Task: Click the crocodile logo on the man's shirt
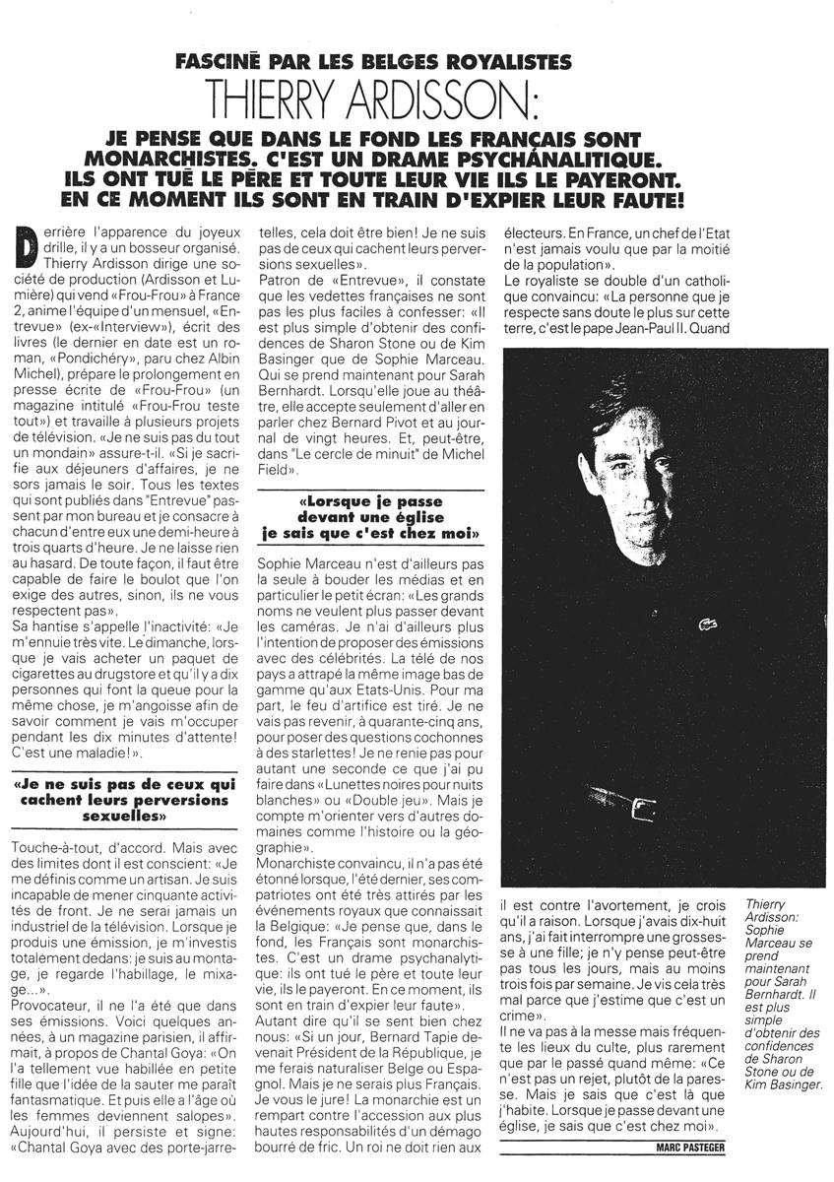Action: (x=705, y=624)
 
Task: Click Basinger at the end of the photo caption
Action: (x=787, y=1084)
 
